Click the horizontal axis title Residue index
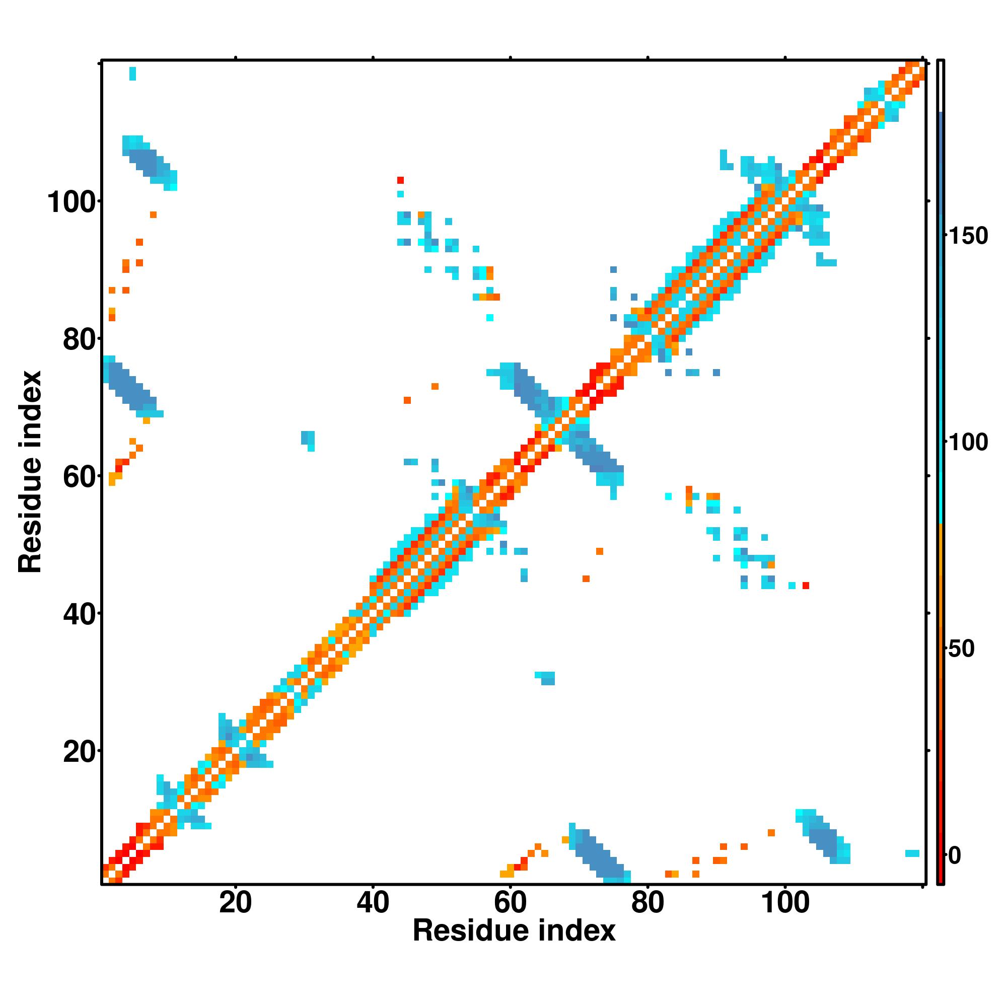pos(514,931)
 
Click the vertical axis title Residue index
pos(30,472)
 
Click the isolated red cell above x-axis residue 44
pos(400,180)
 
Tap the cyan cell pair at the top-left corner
pos(132,74)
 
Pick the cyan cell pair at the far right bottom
pos(912,853)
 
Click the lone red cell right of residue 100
pos(806,586)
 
